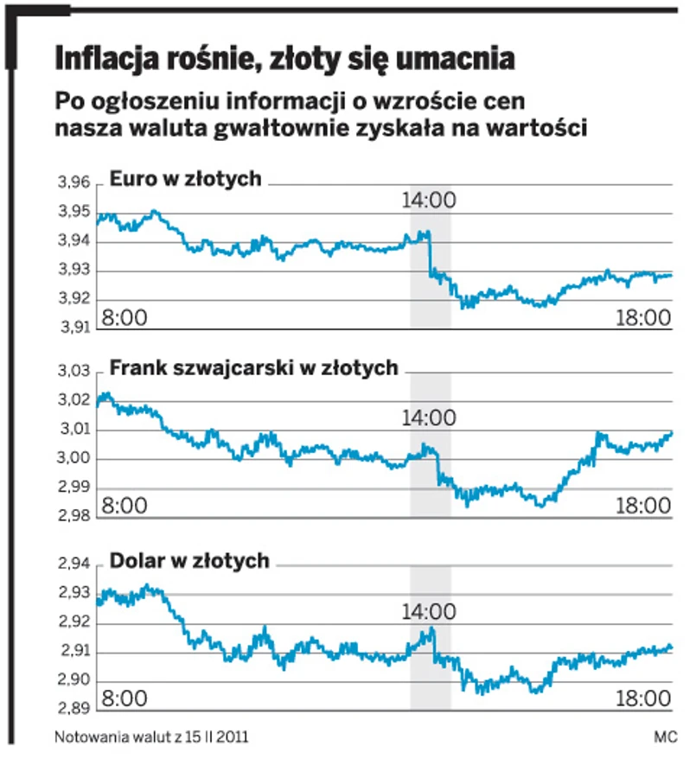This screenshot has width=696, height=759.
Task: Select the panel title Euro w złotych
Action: [x=185, y=179]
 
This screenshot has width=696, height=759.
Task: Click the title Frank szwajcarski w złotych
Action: [x=253, y=368]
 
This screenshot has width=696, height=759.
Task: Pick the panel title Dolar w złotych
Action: [x=189, y=562]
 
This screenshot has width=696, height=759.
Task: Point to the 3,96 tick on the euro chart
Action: [x=73, y=183]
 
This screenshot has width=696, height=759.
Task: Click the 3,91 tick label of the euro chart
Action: [x=73, y=328]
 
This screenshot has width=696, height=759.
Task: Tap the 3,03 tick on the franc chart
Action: [x=73, y=372]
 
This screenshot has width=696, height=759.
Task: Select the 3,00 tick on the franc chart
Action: [x=73, y=459]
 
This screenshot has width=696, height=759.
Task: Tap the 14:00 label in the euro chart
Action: [x=429, y=201]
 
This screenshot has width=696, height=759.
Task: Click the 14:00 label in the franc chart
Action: [x=429, y=418]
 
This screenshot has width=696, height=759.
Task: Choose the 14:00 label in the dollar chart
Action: [x=429, y=613]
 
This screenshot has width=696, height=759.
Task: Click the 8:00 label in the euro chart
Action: [x=125, y=316]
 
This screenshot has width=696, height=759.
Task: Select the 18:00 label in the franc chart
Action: [x=643, y=506]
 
